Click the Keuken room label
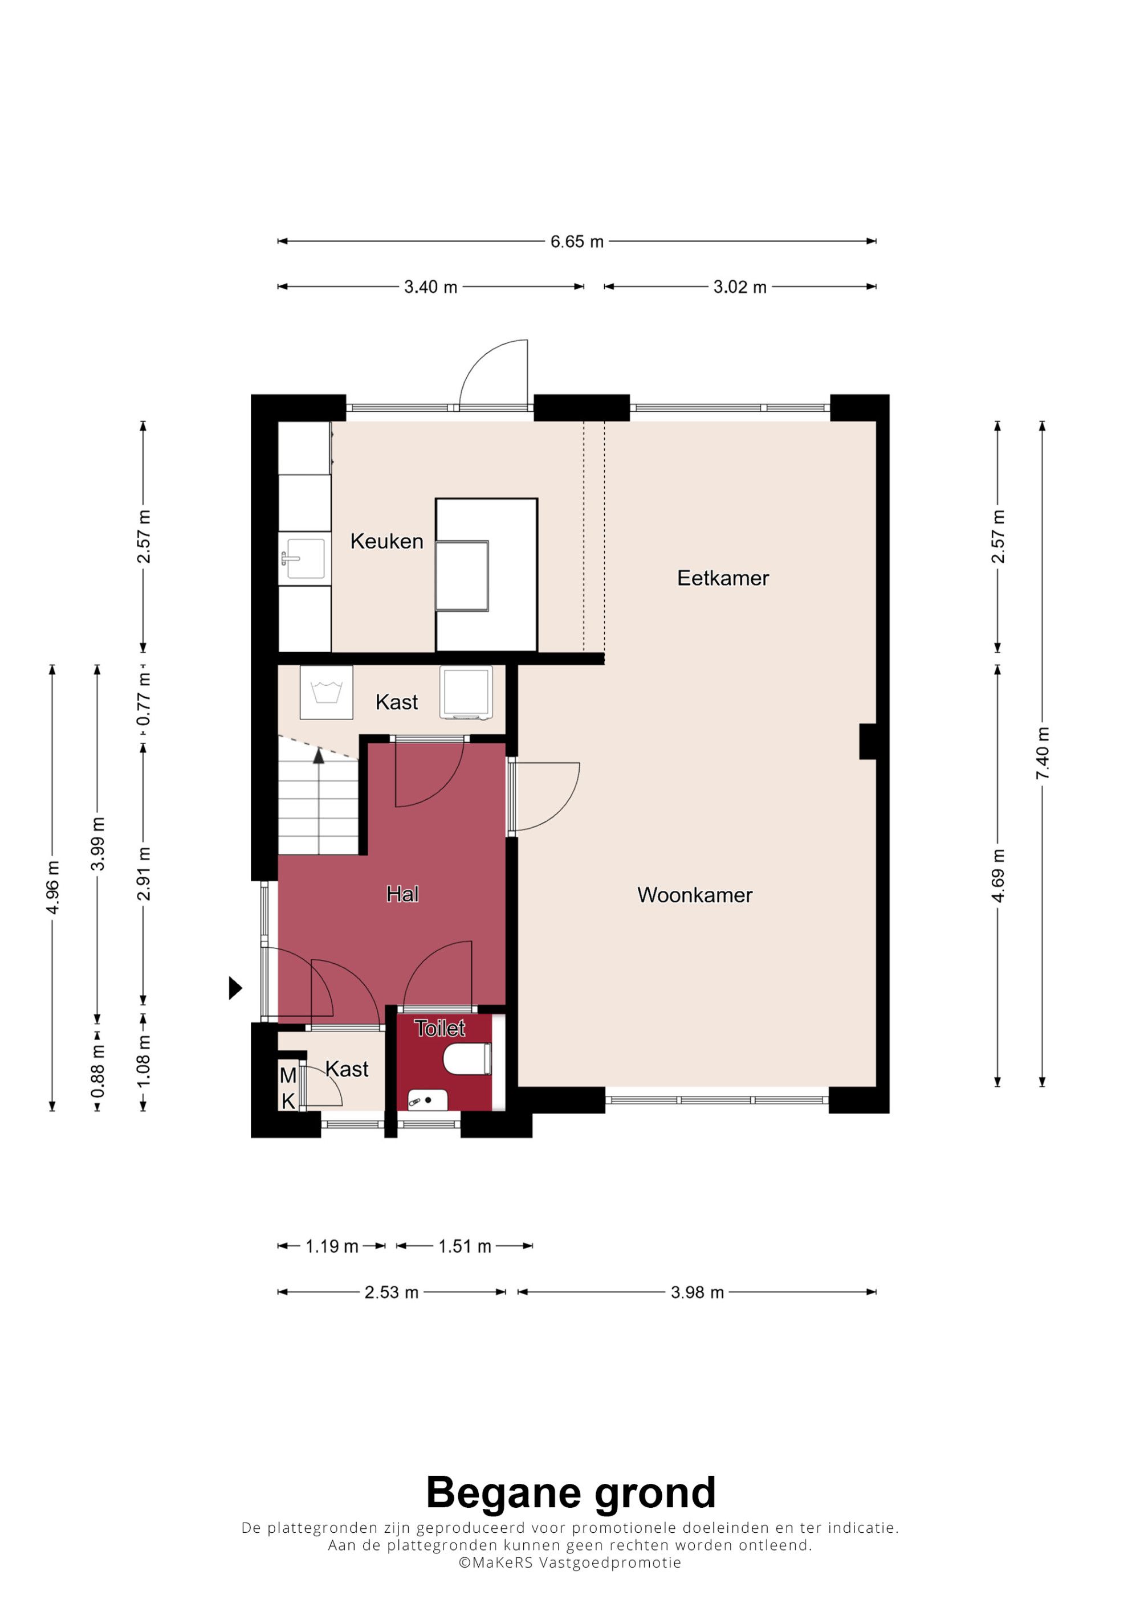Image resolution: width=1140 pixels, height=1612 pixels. [386, 541]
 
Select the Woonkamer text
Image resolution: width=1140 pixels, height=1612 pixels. [695, 895]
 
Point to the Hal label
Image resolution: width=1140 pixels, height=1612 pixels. [402, 894]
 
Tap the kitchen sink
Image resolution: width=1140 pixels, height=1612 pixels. [306, 559]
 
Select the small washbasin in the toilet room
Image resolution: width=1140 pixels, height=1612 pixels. [427, 1100]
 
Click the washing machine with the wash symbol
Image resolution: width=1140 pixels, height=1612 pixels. [327, 692]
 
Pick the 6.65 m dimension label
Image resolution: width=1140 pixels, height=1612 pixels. [577, 242]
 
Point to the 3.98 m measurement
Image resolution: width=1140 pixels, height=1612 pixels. [697, 1292]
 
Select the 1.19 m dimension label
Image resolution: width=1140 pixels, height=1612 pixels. [332, 1246]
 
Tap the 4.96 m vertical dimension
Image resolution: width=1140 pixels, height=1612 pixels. [52, 887]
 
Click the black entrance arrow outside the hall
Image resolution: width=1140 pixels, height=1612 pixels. [235, 988]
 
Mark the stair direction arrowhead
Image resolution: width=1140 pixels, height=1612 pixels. [319, 755]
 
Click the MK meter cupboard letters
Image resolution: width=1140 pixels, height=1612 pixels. [288, 1088]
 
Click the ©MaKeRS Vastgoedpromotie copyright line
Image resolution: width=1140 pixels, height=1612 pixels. [569, 1562]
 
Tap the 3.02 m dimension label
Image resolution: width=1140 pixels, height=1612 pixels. [740, 287]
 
